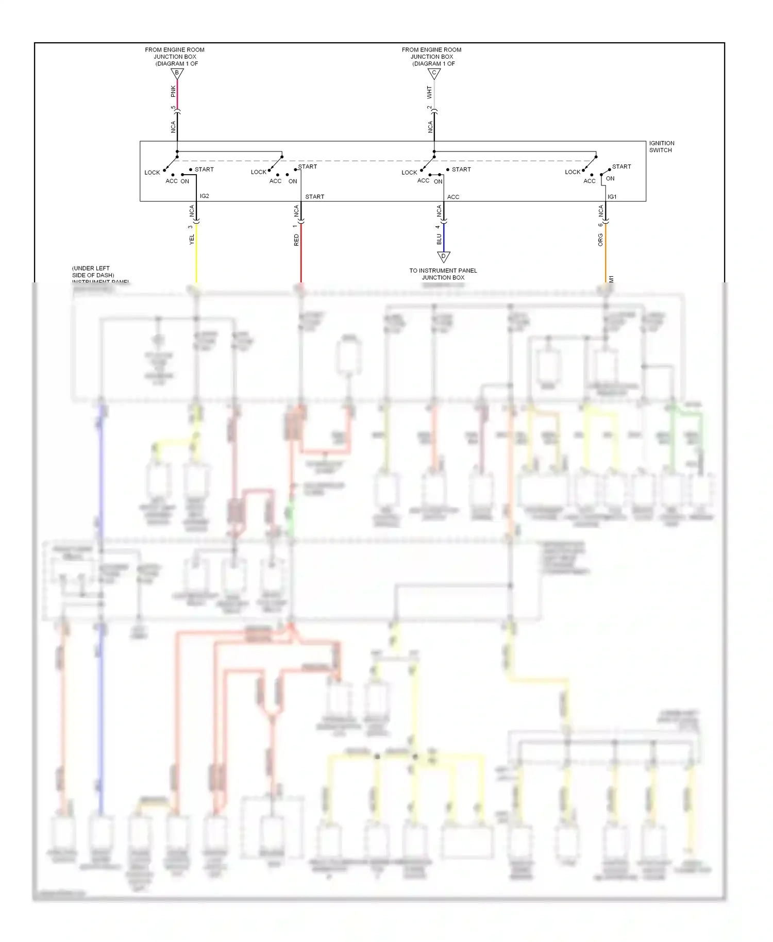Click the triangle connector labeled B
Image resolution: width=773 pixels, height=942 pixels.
tap(177, 73)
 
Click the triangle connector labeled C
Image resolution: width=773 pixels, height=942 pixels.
tap(434, 73)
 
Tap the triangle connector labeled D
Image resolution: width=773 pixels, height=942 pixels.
tap(444, 256)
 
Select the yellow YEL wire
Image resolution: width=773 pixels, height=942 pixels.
tap(196, 253)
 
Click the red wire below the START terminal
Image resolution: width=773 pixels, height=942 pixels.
tap(301, 253)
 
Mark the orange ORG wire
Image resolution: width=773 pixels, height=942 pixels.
tap(606, 253)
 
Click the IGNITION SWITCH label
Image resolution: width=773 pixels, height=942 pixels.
tap(661, 147)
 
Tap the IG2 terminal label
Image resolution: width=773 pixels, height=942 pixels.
tap(205, 196)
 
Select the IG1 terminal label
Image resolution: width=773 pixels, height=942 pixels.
tap(612, 197)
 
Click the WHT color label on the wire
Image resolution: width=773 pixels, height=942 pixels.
tap(429, 92)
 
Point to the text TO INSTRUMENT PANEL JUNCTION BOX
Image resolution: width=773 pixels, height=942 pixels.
tap(443, 274)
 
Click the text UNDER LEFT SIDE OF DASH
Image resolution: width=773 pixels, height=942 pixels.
tap(93, 272)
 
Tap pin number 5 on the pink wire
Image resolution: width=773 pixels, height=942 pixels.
tap(173, 108)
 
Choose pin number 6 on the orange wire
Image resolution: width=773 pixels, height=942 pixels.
tap(600, 225)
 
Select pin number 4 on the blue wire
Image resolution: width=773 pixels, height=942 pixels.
tap(438, 227)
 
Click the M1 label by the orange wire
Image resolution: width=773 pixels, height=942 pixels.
tap(612, 279)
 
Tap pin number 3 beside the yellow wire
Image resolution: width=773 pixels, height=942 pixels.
tap(191, 227)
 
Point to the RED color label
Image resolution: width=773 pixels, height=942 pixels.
tap(296, 240)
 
